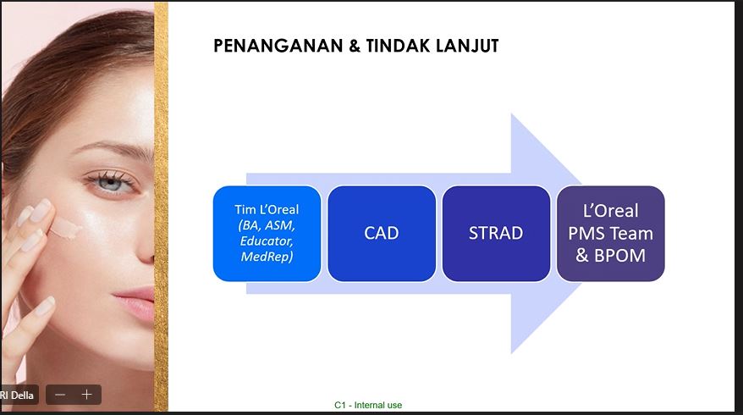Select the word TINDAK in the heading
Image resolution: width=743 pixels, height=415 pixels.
(x=398, y=46)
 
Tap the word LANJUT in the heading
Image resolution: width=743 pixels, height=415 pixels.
(x=467, y=46)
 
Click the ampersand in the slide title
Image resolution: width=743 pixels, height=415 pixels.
(x=355, y=46)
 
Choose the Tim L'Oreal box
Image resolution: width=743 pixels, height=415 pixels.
(x=267, y=234)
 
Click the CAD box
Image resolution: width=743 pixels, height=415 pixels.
(x=382, y=234)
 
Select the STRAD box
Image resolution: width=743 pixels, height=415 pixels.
(x=496, y=234)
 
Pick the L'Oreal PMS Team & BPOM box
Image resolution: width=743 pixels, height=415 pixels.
(x=611, y=234)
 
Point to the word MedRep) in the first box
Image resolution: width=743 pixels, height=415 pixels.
(x=267, y=257)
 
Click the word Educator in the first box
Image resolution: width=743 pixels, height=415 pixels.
(x=267, y=241)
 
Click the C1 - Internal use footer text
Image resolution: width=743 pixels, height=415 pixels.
(x=368, y=405)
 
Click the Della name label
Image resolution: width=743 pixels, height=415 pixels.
(x=17, y=395)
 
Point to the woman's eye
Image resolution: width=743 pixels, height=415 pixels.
(x=111, y=183)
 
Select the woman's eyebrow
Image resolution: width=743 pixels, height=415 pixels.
(x=113, y=148)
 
